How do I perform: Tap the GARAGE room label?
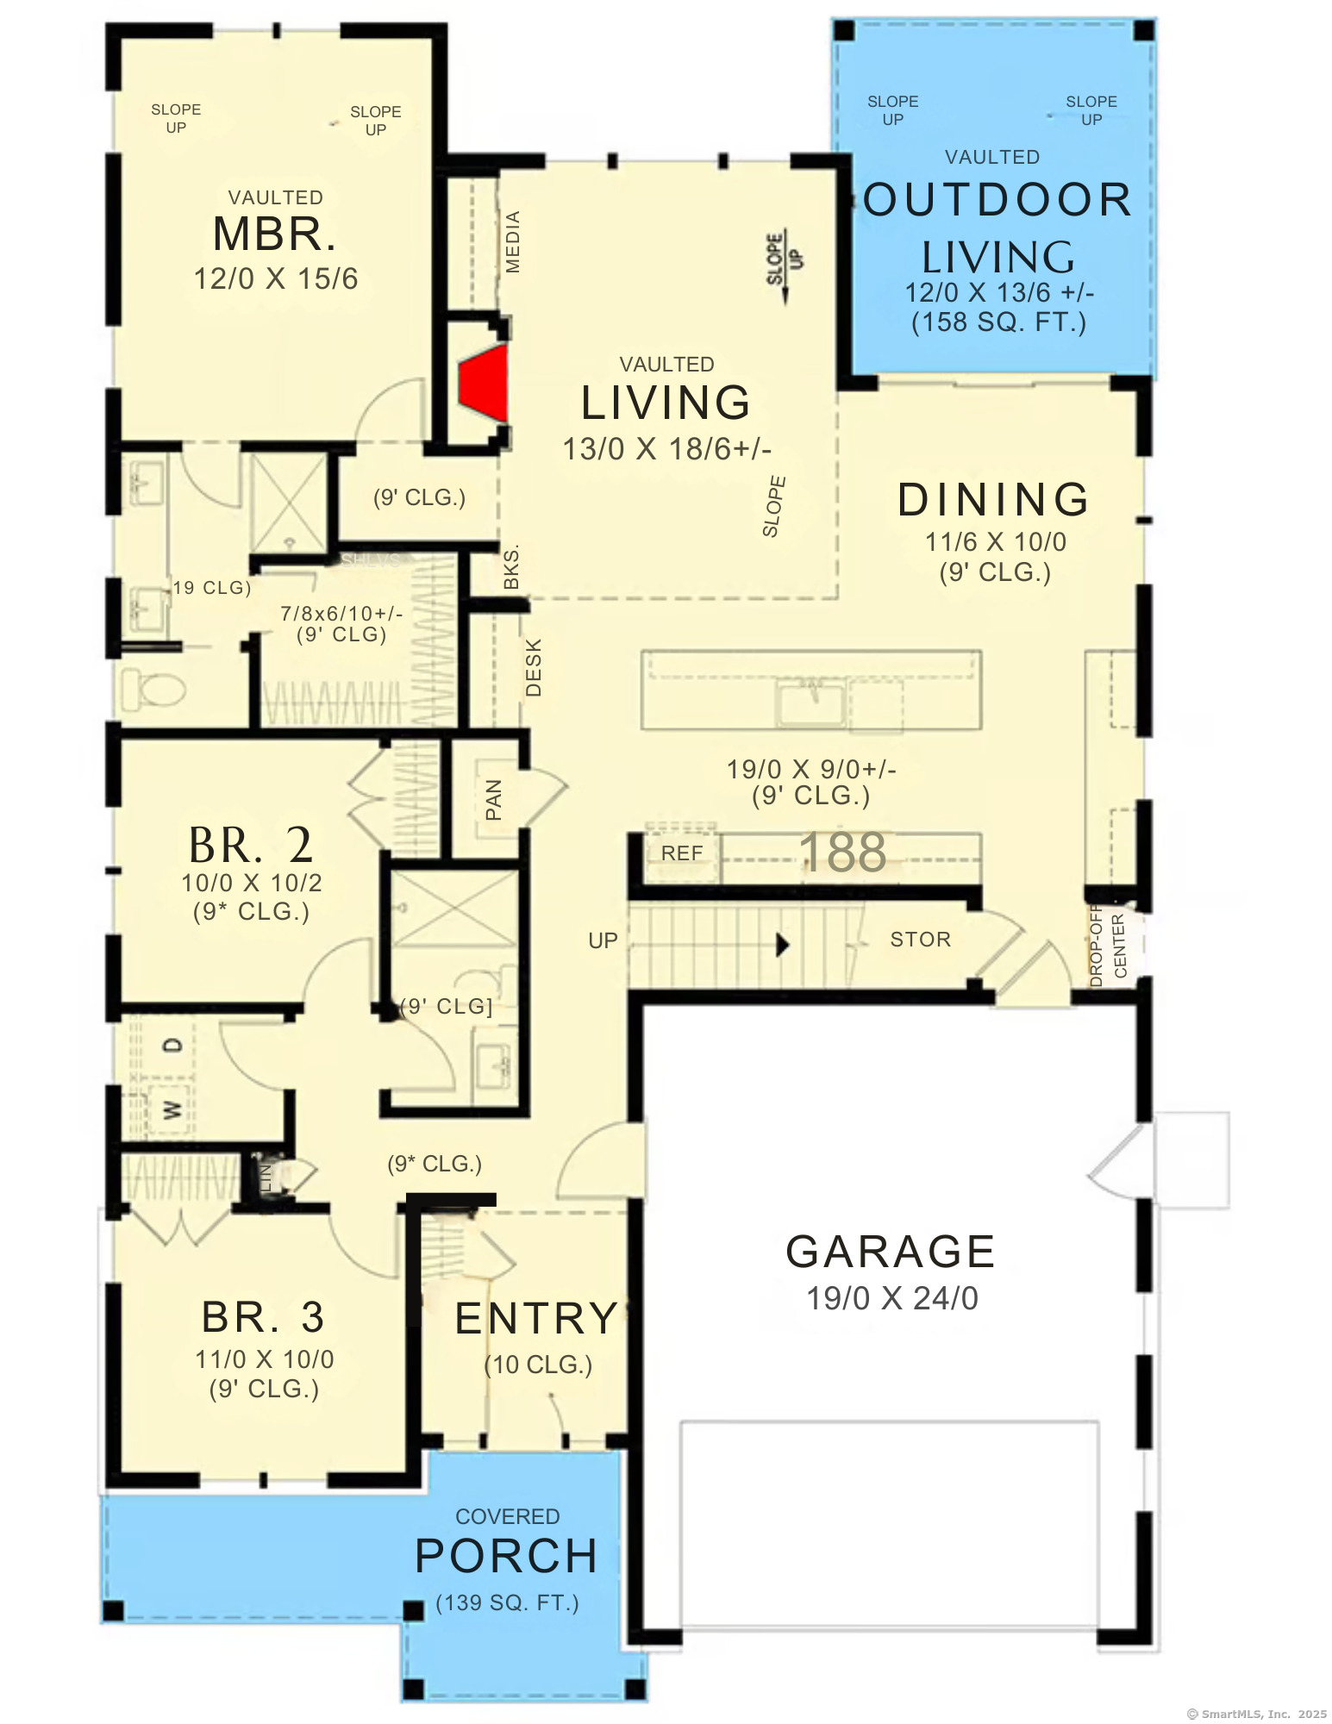[890, 1252]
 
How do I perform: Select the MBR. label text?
[274, 234]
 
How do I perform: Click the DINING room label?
[994, 500]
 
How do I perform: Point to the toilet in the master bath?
[153, 690]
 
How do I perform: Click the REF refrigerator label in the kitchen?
[682, 853]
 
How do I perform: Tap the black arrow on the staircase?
[782, 945]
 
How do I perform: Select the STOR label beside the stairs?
[920, 940]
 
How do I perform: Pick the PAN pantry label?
[493, 800]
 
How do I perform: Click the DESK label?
[534, 667]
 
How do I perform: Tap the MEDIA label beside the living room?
[513, 242]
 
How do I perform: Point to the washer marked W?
[172, 1109]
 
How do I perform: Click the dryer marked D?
[173, 1046]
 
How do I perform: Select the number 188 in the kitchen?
[842, 853]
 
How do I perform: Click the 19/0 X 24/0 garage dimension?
[891, 1298]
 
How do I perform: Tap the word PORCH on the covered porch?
[506, 1557]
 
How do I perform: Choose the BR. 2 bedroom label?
[251, 846]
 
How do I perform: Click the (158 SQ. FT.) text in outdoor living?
[998, 322]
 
